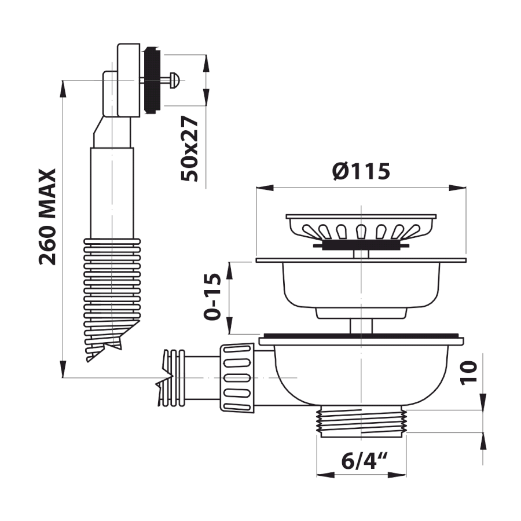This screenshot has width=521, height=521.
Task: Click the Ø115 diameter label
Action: point(361,171)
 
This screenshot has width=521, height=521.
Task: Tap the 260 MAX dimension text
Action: point(47,217)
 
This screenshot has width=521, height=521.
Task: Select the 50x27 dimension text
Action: point(189,149)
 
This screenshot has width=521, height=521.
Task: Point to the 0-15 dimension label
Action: point(212,297)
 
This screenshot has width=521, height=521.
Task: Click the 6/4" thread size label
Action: point(365,461)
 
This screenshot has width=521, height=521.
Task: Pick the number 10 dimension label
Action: point(468,373)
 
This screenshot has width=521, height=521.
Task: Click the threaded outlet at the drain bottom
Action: point(361,421)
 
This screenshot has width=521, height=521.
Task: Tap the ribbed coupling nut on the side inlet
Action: point(237,378)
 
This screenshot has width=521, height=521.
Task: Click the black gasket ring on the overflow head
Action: point(152,80)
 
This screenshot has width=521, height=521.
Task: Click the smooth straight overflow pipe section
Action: point(112,193)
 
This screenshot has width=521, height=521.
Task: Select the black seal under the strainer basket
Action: point(361,245)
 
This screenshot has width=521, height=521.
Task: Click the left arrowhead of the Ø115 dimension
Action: point(265,188)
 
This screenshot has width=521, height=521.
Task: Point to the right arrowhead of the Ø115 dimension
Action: point(457,188)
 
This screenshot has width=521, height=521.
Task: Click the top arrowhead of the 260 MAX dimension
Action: point(63,89)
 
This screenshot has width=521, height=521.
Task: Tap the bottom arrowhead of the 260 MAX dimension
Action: point(63,369)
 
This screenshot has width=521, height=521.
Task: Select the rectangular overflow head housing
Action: point(129,80)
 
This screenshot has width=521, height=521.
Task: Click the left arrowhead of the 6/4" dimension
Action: point(325,475)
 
